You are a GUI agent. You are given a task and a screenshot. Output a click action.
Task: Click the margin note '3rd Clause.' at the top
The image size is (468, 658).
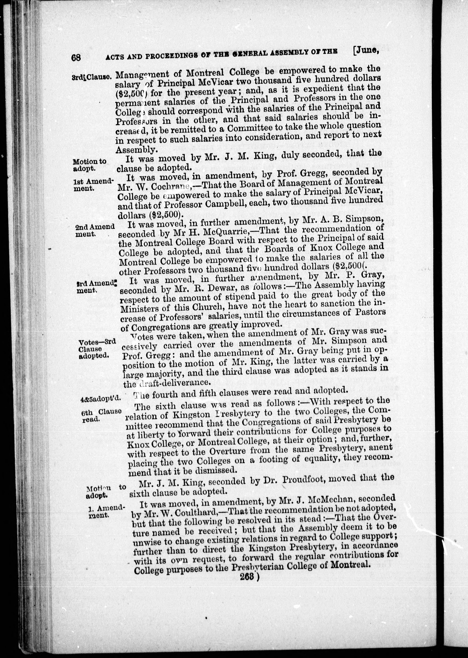(91, 77)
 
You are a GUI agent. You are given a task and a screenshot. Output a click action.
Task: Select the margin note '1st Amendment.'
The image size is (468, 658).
(93, 185)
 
